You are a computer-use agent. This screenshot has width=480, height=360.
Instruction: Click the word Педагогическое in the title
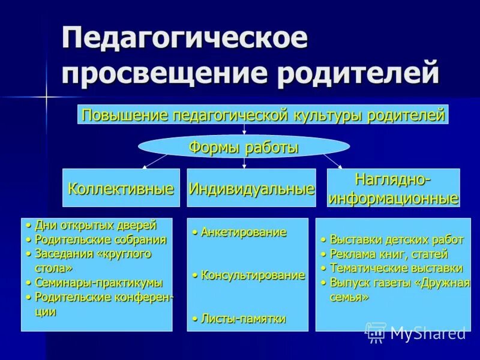coord(185,39)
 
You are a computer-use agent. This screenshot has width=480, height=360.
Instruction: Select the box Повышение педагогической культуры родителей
coord(263,115)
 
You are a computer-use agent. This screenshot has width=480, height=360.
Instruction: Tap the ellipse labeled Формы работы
coord(244,147)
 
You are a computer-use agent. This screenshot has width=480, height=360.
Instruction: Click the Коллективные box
coord(121,188)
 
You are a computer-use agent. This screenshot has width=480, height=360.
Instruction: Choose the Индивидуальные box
coord(251,188)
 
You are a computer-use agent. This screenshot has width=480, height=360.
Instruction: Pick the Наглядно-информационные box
coord(393,188)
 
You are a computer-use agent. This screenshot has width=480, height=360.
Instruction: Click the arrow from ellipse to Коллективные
coord(154,161)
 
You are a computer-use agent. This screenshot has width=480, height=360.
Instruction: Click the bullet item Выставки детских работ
coord(397,240)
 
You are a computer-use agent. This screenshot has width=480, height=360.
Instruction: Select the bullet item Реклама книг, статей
coord(388,254)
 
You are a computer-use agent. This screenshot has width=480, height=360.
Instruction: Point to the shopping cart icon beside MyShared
coord(376,332)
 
